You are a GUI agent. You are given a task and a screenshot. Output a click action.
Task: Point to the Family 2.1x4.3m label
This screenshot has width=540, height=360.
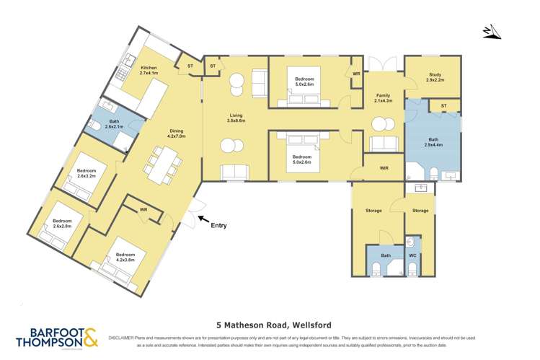point(382,97)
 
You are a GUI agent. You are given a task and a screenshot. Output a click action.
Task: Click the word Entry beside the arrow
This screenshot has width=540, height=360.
point(218,226)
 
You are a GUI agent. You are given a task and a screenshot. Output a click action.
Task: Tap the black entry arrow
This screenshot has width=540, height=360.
point(203,219)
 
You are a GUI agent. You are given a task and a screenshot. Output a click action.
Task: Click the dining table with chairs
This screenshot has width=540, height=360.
point(162,164)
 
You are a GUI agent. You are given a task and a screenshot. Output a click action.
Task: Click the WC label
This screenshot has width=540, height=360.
point(412,255)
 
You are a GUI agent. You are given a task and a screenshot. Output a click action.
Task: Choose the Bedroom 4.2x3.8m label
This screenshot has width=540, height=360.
point(125,257)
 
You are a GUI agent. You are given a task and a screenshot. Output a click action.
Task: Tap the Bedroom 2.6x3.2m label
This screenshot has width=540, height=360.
point(87,173)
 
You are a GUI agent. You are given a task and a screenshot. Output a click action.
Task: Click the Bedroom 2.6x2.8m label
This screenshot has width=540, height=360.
point(62,223)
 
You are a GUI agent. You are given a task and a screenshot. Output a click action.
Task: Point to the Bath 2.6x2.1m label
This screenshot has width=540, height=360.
point(114,124)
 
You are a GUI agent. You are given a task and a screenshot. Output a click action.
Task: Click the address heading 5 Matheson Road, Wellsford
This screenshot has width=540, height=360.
point(270,325)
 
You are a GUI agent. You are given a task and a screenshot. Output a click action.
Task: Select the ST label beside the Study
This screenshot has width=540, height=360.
point(443,107)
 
